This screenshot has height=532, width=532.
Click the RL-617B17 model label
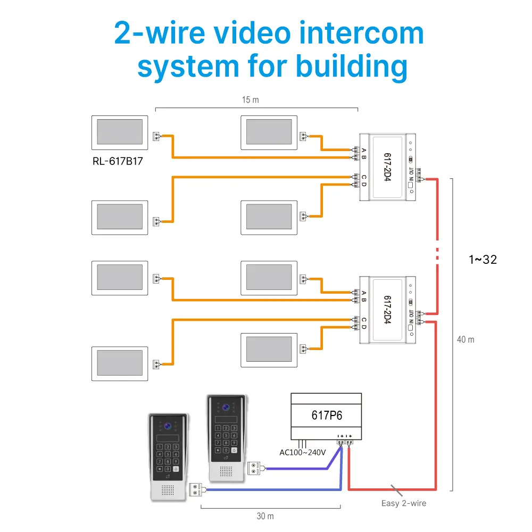pos(117,162)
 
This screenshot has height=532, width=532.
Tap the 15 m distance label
pos(250,100)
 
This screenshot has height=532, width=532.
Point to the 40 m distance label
pos(465,339)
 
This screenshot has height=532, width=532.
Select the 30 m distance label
pos(265,516)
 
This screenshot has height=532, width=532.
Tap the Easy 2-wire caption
pos(404,503)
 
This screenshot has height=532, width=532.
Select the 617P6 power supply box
pos(326,415)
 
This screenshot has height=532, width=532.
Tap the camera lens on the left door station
pos(168,426)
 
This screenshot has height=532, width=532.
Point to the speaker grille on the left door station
pos(168,489)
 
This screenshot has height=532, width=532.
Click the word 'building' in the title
pos(352,67)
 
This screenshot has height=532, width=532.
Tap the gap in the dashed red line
pos(437,252)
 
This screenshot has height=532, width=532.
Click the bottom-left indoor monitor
pos(120,363)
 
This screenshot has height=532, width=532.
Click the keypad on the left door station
pos(168,458)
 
